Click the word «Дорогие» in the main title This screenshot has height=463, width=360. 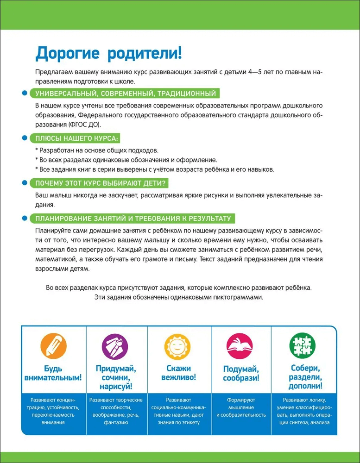(69, 53)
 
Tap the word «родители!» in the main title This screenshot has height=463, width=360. (145, 53)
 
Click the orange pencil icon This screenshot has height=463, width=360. (52, 346)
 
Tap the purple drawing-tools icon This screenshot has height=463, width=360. (115, 346)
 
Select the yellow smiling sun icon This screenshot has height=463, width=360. (178, 346)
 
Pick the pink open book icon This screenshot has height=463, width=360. (240, 346)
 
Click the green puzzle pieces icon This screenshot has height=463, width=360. (303, 346)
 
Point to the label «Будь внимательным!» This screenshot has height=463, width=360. (52, 373)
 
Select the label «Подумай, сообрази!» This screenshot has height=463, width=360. (241, 373)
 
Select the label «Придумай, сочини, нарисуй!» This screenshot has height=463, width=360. (115, 377)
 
